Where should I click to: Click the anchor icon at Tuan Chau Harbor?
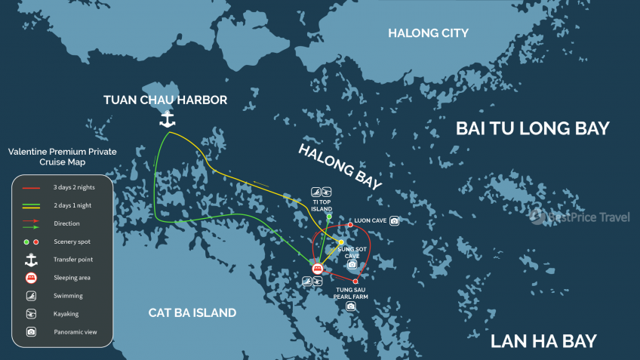[x=167, y=118]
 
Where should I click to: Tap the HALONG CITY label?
[x=428, y=33]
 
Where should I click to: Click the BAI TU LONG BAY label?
[x=532, y=128]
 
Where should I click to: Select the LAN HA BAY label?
[x=543, y=341]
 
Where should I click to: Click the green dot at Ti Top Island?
[x=329, y=217]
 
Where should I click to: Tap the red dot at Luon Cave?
[x=350, y=224]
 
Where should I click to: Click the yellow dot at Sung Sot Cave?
[x=341, y=242]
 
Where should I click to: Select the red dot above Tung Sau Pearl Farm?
[x=355, y=282]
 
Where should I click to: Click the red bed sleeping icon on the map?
[x=318, y=269]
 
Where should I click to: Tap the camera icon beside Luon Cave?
[x=394, y=221]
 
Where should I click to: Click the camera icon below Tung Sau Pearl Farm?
[x=351, y=306]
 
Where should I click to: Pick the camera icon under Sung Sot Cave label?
[x=352, y=265]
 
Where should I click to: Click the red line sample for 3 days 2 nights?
[x=31, y=187]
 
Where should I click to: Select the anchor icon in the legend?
[x=31, y=260]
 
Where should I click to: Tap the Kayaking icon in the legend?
[x=31, y=313]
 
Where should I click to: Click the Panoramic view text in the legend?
[x=74, y=332]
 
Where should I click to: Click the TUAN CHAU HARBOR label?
[x=165, y=100]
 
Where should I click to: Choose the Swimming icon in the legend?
[x=31, y=296]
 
